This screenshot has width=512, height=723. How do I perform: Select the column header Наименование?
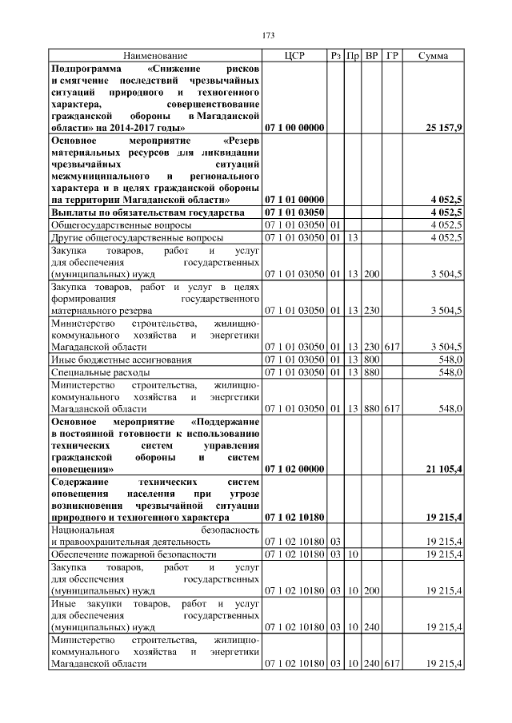click(x=155, y=56)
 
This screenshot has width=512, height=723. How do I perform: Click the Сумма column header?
click(x=432, y=56)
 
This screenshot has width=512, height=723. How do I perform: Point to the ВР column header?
click(x=371, y=56)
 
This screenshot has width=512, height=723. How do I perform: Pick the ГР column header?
click(x=391, y=56)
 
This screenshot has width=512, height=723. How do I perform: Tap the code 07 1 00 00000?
click(x=294, y=128)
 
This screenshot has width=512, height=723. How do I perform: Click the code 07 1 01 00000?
click(x=294, y=199)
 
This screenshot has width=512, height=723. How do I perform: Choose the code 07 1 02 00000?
click(x=294, y=469)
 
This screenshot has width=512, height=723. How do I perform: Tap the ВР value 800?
click(x=371, y=360)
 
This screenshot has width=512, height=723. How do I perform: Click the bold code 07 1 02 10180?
click(x=294, y=518)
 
